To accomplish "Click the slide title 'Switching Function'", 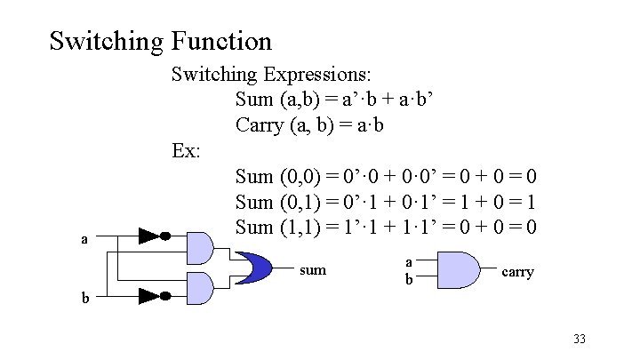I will pos(160,41).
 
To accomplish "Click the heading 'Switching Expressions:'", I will pos(272,71).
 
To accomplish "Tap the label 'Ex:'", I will pos(187,150).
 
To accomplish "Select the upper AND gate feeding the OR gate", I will pos(201,247).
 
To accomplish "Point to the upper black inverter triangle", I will pos(150,236).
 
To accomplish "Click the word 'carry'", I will pos(518,271).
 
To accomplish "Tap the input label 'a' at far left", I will pos(84,238).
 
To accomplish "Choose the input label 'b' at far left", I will pos(85,299).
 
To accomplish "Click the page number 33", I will pos(580,339).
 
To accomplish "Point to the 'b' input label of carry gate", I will pos(408,278).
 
